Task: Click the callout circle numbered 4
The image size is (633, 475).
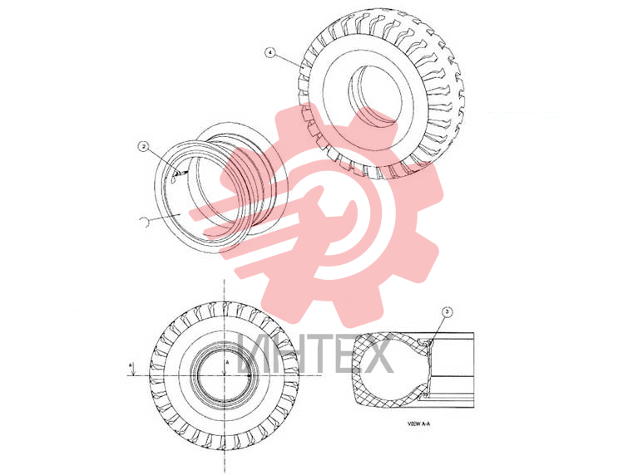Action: [x=270, y=53]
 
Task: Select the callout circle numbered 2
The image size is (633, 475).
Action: [x=143, y=146]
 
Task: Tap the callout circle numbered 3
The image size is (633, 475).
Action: [x=447, y=311]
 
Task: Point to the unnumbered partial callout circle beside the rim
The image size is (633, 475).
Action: [x=144, y=222]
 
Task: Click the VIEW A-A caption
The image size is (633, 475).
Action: [x=418, y=424]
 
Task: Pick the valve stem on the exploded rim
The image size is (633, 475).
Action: [x=179, y=174]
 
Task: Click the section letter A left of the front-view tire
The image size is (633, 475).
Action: [x=131, y=365]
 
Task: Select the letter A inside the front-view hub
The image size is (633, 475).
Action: [x=227, y=363]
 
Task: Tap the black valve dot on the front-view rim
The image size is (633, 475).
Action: [x=249, y=375]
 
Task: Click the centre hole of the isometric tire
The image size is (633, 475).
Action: [x=374, y=94]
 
